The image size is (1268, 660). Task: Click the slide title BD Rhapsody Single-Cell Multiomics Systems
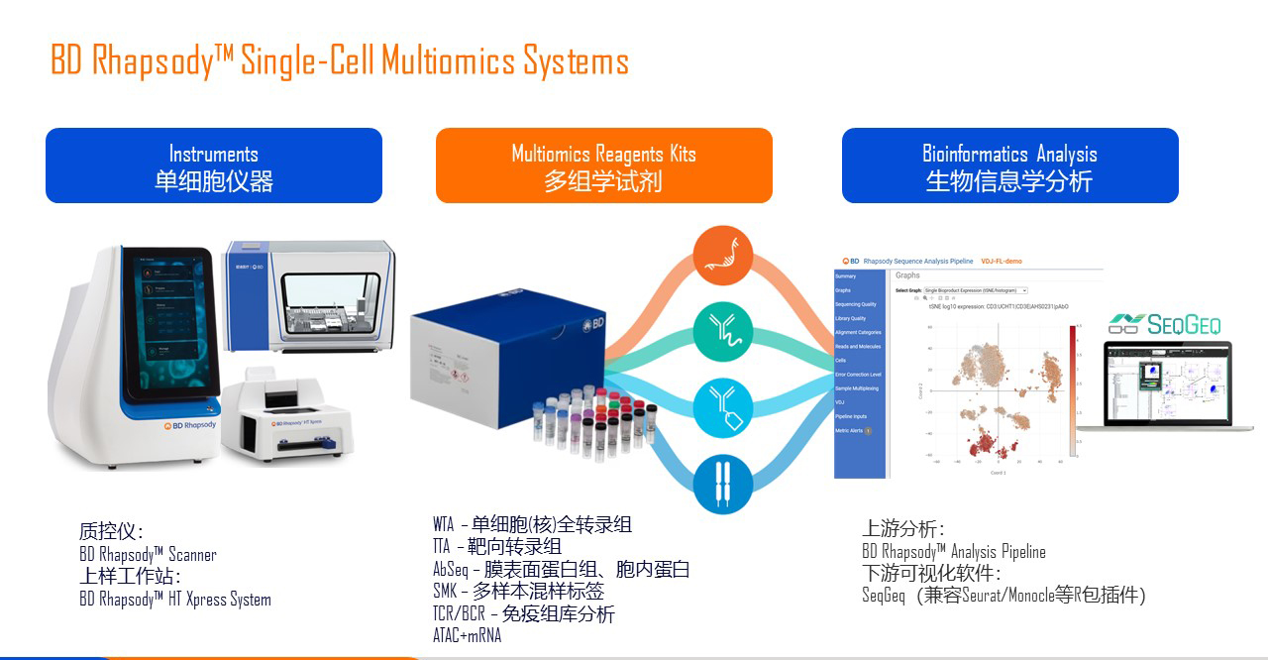tap(340, 61)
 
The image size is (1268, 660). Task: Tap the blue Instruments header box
tap(214, 165)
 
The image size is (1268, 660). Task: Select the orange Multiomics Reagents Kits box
tap(603, 165)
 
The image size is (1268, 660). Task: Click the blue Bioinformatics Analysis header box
tap(1009, 165)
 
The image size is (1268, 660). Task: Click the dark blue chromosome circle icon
tap(723, 483)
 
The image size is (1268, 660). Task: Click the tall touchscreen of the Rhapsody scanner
tap(170, 322)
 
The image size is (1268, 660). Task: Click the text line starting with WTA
tap(532, 525)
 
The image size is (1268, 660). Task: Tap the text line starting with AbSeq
tap(561, 570)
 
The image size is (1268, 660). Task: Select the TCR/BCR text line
tap(523, 614)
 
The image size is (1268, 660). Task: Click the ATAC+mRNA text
tap(467, 636)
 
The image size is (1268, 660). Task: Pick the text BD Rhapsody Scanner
tap(148, 555)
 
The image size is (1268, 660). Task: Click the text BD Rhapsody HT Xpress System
tap(174, 600)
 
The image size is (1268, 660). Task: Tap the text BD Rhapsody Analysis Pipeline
tap(953, 552)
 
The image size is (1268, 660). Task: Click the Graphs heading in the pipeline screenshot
tap(907, 275)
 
